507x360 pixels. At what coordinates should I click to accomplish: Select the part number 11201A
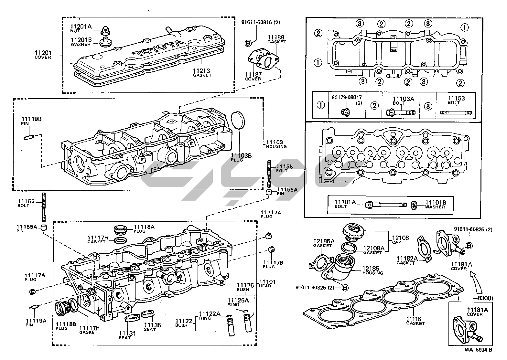(81, 26)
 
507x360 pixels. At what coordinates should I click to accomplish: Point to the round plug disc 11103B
(239, 121)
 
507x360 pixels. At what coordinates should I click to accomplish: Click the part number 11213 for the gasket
(202, 70)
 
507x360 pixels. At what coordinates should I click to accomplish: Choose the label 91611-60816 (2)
(261, 22)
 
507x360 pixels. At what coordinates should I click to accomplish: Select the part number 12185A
(324, 241)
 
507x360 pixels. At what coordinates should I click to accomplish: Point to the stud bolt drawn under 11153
(456, 113)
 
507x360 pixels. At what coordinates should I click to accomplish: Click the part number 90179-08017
(346, 97)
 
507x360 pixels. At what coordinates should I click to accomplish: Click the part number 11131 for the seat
(127, 333)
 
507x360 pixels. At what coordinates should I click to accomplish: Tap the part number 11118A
(144, 227)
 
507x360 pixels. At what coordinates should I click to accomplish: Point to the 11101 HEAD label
(267, 282)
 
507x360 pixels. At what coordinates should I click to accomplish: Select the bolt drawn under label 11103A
(401, 113)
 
